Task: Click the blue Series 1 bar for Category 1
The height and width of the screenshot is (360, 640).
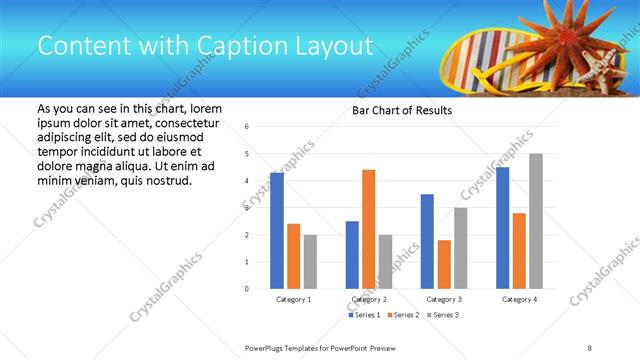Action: click(277, 231)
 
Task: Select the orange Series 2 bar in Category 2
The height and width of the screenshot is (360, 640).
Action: click(368, 229)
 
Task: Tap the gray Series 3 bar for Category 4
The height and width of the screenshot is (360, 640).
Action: click(535, 221)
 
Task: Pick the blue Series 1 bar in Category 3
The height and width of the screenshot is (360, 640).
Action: click(427, 241)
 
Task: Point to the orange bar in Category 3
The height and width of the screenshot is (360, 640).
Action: click(444, 264)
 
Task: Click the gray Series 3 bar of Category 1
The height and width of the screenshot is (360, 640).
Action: click(310, 262)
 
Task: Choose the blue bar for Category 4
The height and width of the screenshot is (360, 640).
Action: click(502, 228)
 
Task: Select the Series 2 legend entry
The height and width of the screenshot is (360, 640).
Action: click(402, 315)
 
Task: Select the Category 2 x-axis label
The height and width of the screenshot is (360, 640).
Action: click(369, 299)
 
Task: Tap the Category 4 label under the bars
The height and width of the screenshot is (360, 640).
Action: click(519, 299)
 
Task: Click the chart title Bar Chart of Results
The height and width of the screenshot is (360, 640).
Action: click(402, 110)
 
